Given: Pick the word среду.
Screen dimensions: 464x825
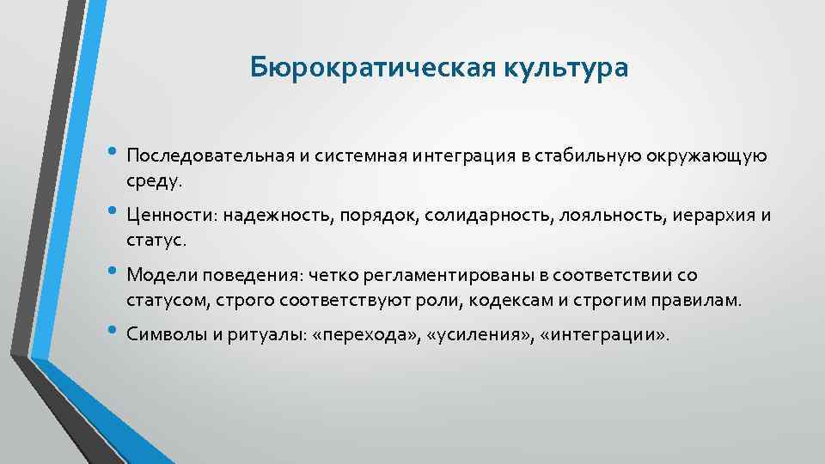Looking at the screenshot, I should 155,182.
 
